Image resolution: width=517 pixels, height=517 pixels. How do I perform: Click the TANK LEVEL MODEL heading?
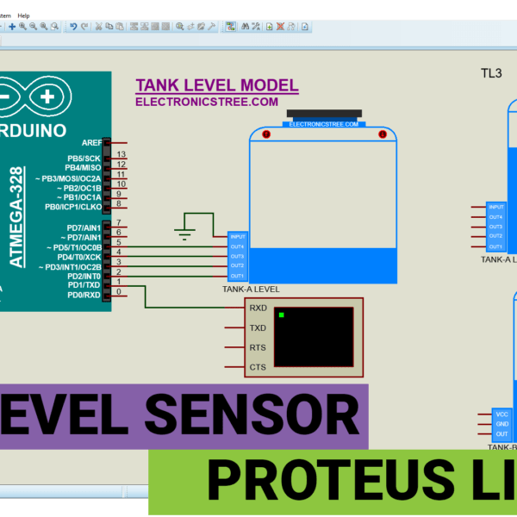coord(217,85)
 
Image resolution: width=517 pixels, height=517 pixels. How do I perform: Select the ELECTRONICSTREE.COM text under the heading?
coord(207,102)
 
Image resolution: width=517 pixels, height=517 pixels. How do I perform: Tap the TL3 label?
coord(491,73)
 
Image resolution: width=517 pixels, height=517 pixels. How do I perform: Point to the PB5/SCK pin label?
coord(84,159)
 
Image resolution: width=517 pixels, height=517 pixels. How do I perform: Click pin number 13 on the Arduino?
coord(121,155)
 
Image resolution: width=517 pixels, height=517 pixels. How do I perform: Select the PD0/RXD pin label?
coord(84,296)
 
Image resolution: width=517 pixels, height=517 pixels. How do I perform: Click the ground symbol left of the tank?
coord(184,230)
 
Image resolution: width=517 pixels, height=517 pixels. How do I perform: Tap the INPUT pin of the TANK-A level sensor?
coord(238,236)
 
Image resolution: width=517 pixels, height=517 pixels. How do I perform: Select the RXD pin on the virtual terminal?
coord(258,308)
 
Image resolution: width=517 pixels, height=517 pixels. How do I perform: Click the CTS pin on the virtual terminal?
coord(258,368)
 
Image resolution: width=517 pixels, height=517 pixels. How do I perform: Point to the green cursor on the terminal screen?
coord(281,315)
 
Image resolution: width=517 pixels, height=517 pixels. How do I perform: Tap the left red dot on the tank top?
coord(265,135)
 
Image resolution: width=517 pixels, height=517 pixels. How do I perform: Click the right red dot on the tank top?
coord(380,135)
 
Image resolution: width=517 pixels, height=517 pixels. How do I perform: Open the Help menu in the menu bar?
coord(23,16)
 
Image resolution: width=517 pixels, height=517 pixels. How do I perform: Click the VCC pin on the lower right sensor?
coord(502,414)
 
